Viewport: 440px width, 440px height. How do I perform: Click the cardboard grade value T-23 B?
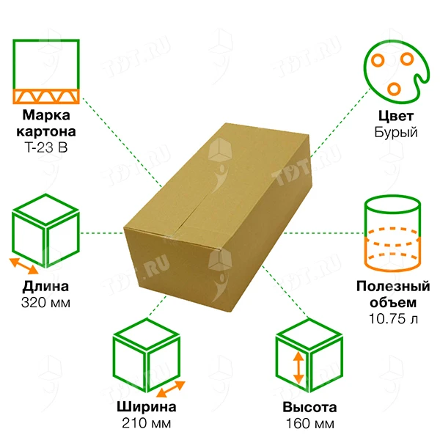click(x=46, y=147)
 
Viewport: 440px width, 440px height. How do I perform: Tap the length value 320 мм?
click(x=45, y=303)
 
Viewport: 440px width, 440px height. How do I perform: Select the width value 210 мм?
click(x=146, y=423)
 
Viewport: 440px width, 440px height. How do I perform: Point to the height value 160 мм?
click(x=310, y=423)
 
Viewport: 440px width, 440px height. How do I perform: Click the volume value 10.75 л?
click(x=393, y=318)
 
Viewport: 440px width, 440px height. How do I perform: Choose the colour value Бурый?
click(x=396, y=132)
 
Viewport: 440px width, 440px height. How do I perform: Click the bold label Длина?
click(x=45, y=287)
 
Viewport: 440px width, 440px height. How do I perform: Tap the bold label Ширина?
click(x=147, y=407)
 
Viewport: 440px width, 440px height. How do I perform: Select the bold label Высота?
click(x=309, y=407)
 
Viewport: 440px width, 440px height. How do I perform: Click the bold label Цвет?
click(x=396, y=116)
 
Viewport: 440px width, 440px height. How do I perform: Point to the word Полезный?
click(x=393, y=286)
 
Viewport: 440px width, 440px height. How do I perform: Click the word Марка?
click(x=46, y=115)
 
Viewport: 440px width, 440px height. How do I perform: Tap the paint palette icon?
click(x=397, y=72)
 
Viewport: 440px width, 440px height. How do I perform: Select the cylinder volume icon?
click(x=392, y=233)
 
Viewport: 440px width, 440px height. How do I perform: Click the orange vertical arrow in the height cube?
click(x=298, y=367)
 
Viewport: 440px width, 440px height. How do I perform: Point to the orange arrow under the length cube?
click(x=23, y=266)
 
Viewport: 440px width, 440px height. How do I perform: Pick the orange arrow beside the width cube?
click(x=171, y=389)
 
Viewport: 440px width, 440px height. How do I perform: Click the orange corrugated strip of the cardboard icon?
click(x=46, y=97)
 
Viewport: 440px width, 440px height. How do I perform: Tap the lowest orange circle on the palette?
click(x=394, y=89)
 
